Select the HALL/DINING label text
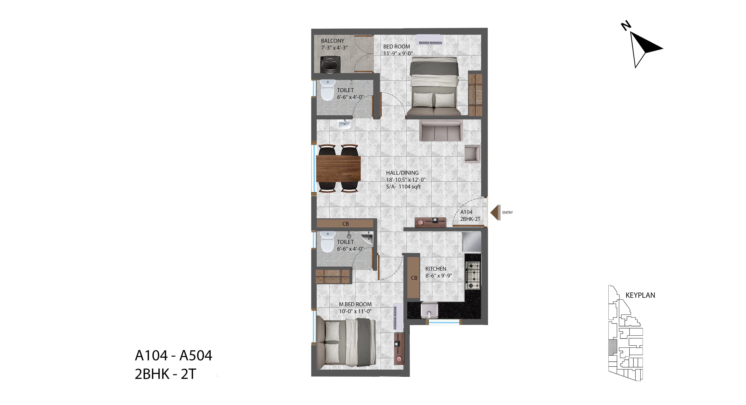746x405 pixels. (402, 173)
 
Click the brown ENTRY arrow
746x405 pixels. (495, 213)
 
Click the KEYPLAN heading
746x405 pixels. (640, 295)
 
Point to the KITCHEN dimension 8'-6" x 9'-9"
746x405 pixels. (439, 276)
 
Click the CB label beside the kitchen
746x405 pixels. (414, 278)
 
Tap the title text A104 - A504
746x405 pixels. (173, 356)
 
